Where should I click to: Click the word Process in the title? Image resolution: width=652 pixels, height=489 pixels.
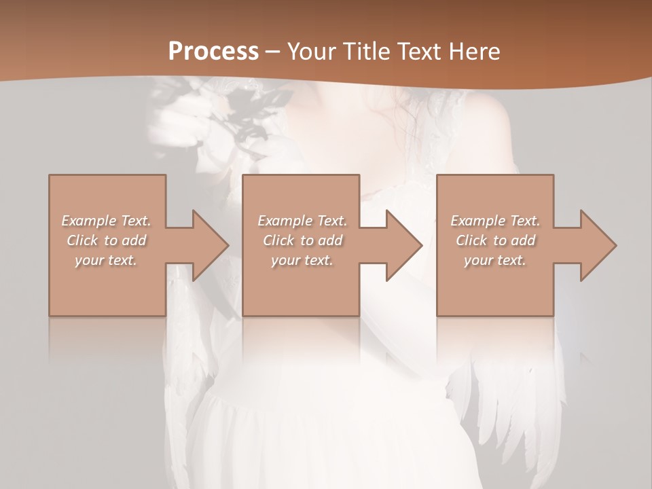213,52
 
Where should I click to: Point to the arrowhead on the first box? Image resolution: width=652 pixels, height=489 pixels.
207,245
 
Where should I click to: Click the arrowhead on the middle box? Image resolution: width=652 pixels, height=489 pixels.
401,245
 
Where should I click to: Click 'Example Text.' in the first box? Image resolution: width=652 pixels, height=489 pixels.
107,221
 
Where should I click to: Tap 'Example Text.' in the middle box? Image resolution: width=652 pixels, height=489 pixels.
302,221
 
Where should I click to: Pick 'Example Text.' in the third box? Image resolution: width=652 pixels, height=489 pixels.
495,221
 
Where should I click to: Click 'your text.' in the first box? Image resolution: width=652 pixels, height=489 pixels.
107,260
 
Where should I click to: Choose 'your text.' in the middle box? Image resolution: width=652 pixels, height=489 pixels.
302,260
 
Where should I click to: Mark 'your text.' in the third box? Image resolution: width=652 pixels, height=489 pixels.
495,260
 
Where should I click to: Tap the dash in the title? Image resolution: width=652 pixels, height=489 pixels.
273,52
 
